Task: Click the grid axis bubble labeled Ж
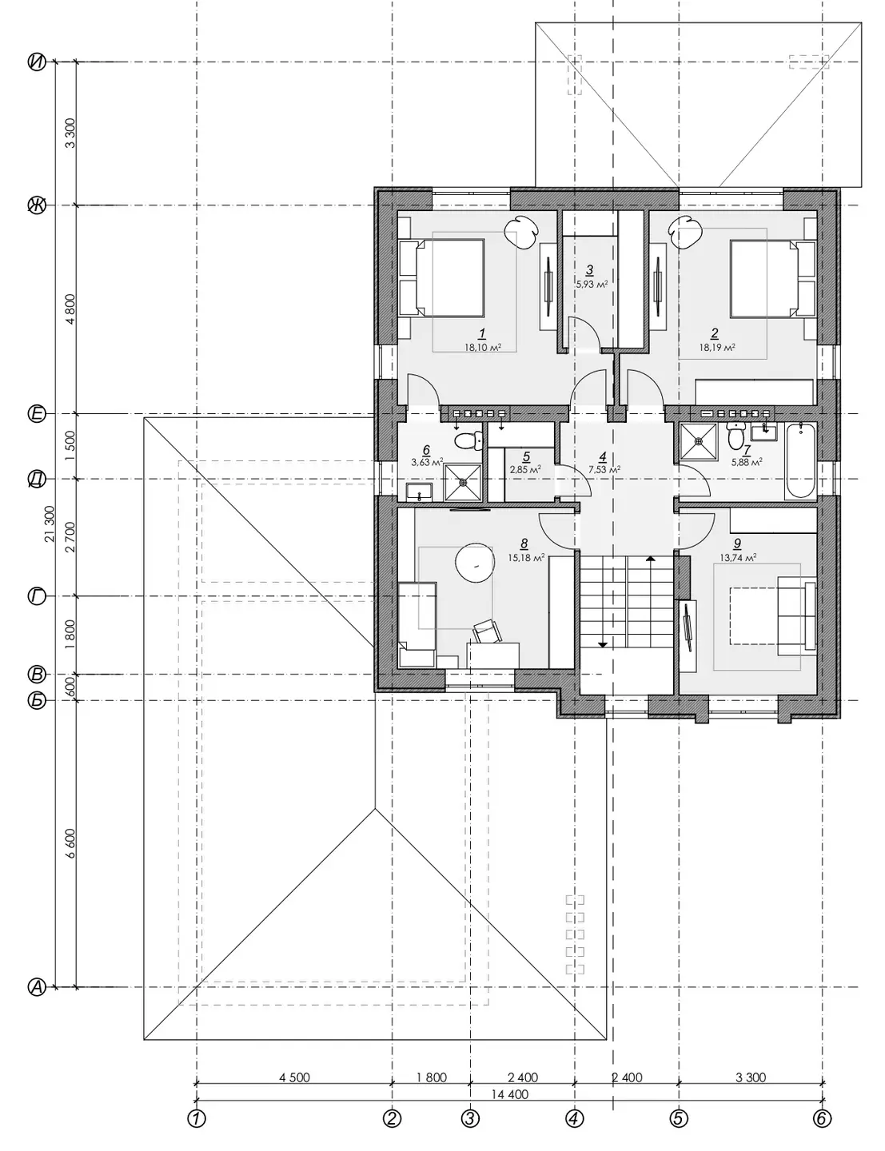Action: [x=37, y=205]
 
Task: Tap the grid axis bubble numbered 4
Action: [x=575, y=1119]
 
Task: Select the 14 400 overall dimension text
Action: [x=509, y=1093]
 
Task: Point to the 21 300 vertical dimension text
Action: [x=50, y=524]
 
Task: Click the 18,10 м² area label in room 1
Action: [x=483, y=348]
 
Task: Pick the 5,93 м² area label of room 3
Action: [x=592, y=284]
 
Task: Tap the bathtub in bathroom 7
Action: [x=801, y=460]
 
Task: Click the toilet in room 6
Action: [x=468, y=439]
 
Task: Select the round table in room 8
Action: [x=476, y=564]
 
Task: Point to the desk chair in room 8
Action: [x=488, y=632]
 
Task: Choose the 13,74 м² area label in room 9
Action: [x=737, y=556]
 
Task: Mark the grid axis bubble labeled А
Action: [x=37, y=987]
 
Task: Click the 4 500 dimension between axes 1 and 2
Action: [x=294, y=1077]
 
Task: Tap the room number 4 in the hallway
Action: [x=603, y=456]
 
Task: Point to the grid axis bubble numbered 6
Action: [x=822, y=1119]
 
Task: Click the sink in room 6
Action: [x=420, y=492]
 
